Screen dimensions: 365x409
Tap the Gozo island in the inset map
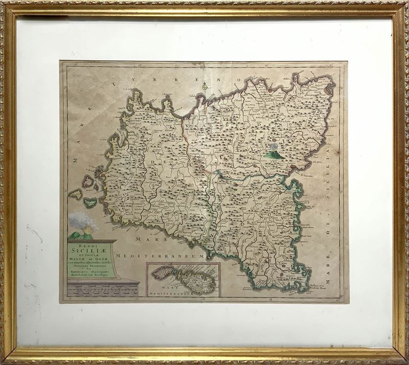point(162,272)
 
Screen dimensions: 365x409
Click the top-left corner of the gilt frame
point(6,6)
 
